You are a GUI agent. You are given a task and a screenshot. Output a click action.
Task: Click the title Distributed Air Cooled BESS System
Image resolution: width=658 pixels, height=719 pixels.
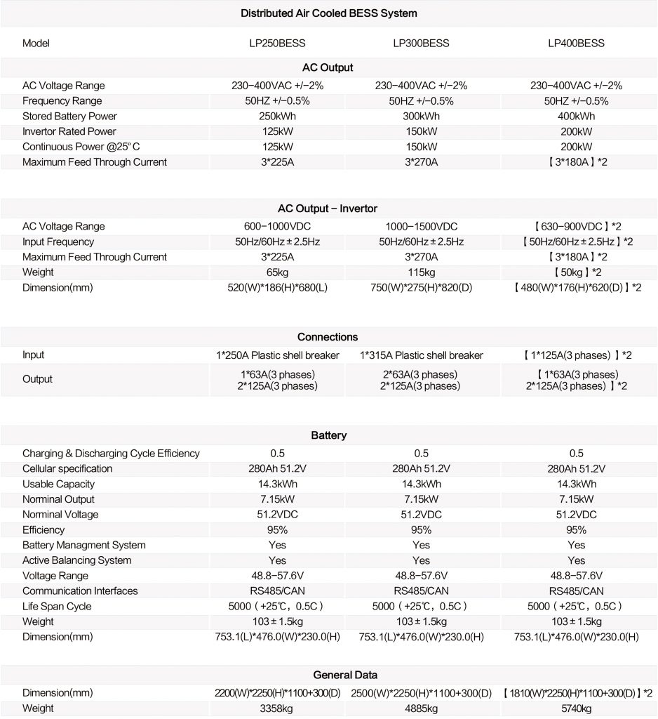coord(329,13)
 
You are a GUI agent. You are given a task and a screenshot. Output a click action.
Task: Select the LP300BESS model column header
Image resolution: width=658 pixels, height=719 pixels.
coord(421,44)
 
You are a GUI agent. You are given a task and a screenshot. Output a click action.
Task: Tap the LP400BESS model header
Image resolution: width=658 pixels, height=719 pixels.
coord(576,44)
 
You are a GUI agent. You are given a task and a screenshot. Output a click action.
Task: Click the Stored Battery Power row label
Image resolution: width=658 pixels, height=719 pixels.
coord(69,116)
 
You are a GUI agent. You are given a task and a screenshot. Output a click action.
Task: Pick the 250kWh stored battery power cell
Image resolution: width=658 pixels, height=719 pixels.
coord(277,116)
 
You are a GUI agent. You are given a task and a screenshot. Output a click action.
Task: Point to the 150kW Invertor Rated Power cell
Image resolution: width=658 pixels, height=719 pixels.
coord(421,131)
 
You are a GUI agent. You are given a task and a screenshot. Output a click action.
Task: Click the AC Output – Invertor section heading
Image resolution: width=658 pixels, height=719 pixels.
coord(328,209)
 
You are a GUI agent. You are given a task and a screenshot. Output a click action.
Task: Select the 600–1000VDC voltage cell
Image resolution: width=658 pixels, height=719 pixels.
coord(277,226)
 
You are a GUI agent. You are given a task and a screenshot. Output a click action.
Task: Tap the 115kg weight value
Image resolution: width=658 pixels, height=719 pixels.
coord(421,272)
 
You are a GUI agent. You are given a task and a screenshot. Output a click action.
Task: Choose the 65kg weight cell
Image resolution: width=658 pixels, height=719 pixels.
coord(277,272)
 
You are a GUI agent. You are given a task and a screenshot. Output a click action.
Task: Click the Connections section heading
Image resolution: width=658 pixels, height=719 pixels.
coord(328,337)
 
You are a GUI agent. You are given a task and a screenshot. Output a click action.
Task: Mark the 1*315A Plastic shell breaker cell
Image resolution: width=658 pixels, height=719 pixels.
coord(421,355)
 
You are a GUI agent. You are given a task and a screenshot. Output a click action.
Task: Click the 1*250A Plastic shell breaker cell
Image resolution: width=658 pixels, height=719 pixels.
coord(277,355)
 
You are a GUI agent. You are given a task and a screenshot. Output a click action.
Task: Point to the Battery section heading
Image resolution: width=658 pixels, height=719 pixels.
coord(328,435)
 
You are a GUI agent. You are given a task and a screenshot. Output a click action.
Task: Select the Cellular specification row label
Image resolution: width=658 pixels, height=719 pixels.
coord(67,468)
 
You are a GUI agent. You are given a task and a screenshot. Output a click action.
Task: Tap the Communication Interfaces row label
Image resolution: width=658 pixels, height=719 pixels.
coord(80,591)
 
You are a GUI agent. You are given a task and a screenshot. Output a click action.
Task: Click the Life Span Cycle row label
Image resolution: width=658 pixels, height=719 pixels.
coord(57,606)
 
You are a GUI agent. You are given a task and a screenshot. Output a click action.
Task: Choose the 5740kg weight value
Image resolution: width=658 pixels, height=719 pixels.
coord(576,708)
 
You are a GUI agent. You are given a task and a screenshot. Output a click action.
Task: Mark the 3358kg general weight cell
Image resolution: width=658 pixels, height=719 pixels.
coord(277,708)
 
